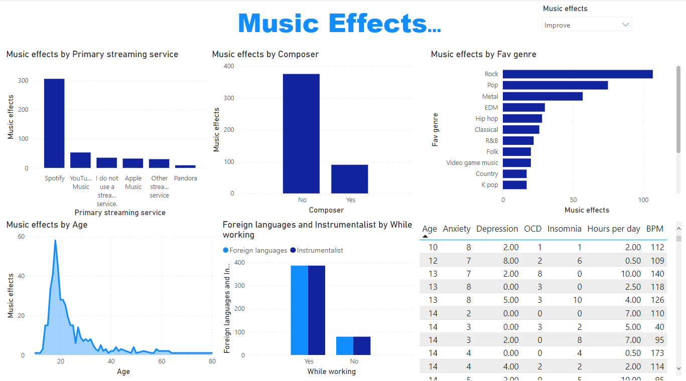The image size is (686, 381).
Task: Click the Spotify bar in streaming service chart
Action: [x=54, y=123]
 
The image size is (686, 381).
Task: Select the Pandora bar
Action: [x=185, y=166]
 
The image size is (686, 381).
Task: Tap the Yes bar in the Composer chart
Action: [x=349, y=179]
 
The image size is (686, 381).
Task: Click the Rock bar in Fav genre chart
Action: [x=577, y=74]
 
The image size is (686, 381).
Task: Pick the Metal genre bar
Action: [x=542, y=96]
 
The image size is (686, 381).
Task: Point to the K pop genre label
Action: [x=489, y=185]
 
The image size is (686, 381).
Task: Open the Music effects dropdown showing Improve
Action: [x=586, y=25]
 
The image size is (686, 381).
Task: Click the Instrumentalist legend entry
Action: [x=320, y=250]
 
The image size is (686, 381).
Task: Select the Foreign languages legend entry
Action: [x=258, y=250]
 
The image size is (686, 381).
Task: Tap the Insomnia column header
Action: [x=564, y=229]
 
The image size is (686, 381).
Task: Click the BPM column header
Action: [x=654, y=229]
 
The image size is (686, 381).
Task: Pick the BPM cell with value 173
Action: [x=657, y=353]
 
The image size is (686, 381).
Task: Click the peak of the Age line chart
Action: [x=55, y=241]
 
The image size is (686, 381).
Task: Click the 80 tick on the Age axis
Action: [x=212, y=361]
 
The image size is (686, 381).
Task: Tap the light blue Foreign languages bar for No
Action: [x=345, y=346]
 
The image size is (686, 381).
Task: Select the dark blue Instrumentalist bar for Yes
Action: [x=317, y=310]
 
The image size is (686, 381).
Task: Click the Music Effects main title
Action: [x=340, y=23]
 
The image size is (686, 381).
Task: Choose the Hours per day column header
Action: [x=613, y=229]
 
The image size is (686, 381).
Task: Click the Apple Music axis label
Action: [x=133, y=182]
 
